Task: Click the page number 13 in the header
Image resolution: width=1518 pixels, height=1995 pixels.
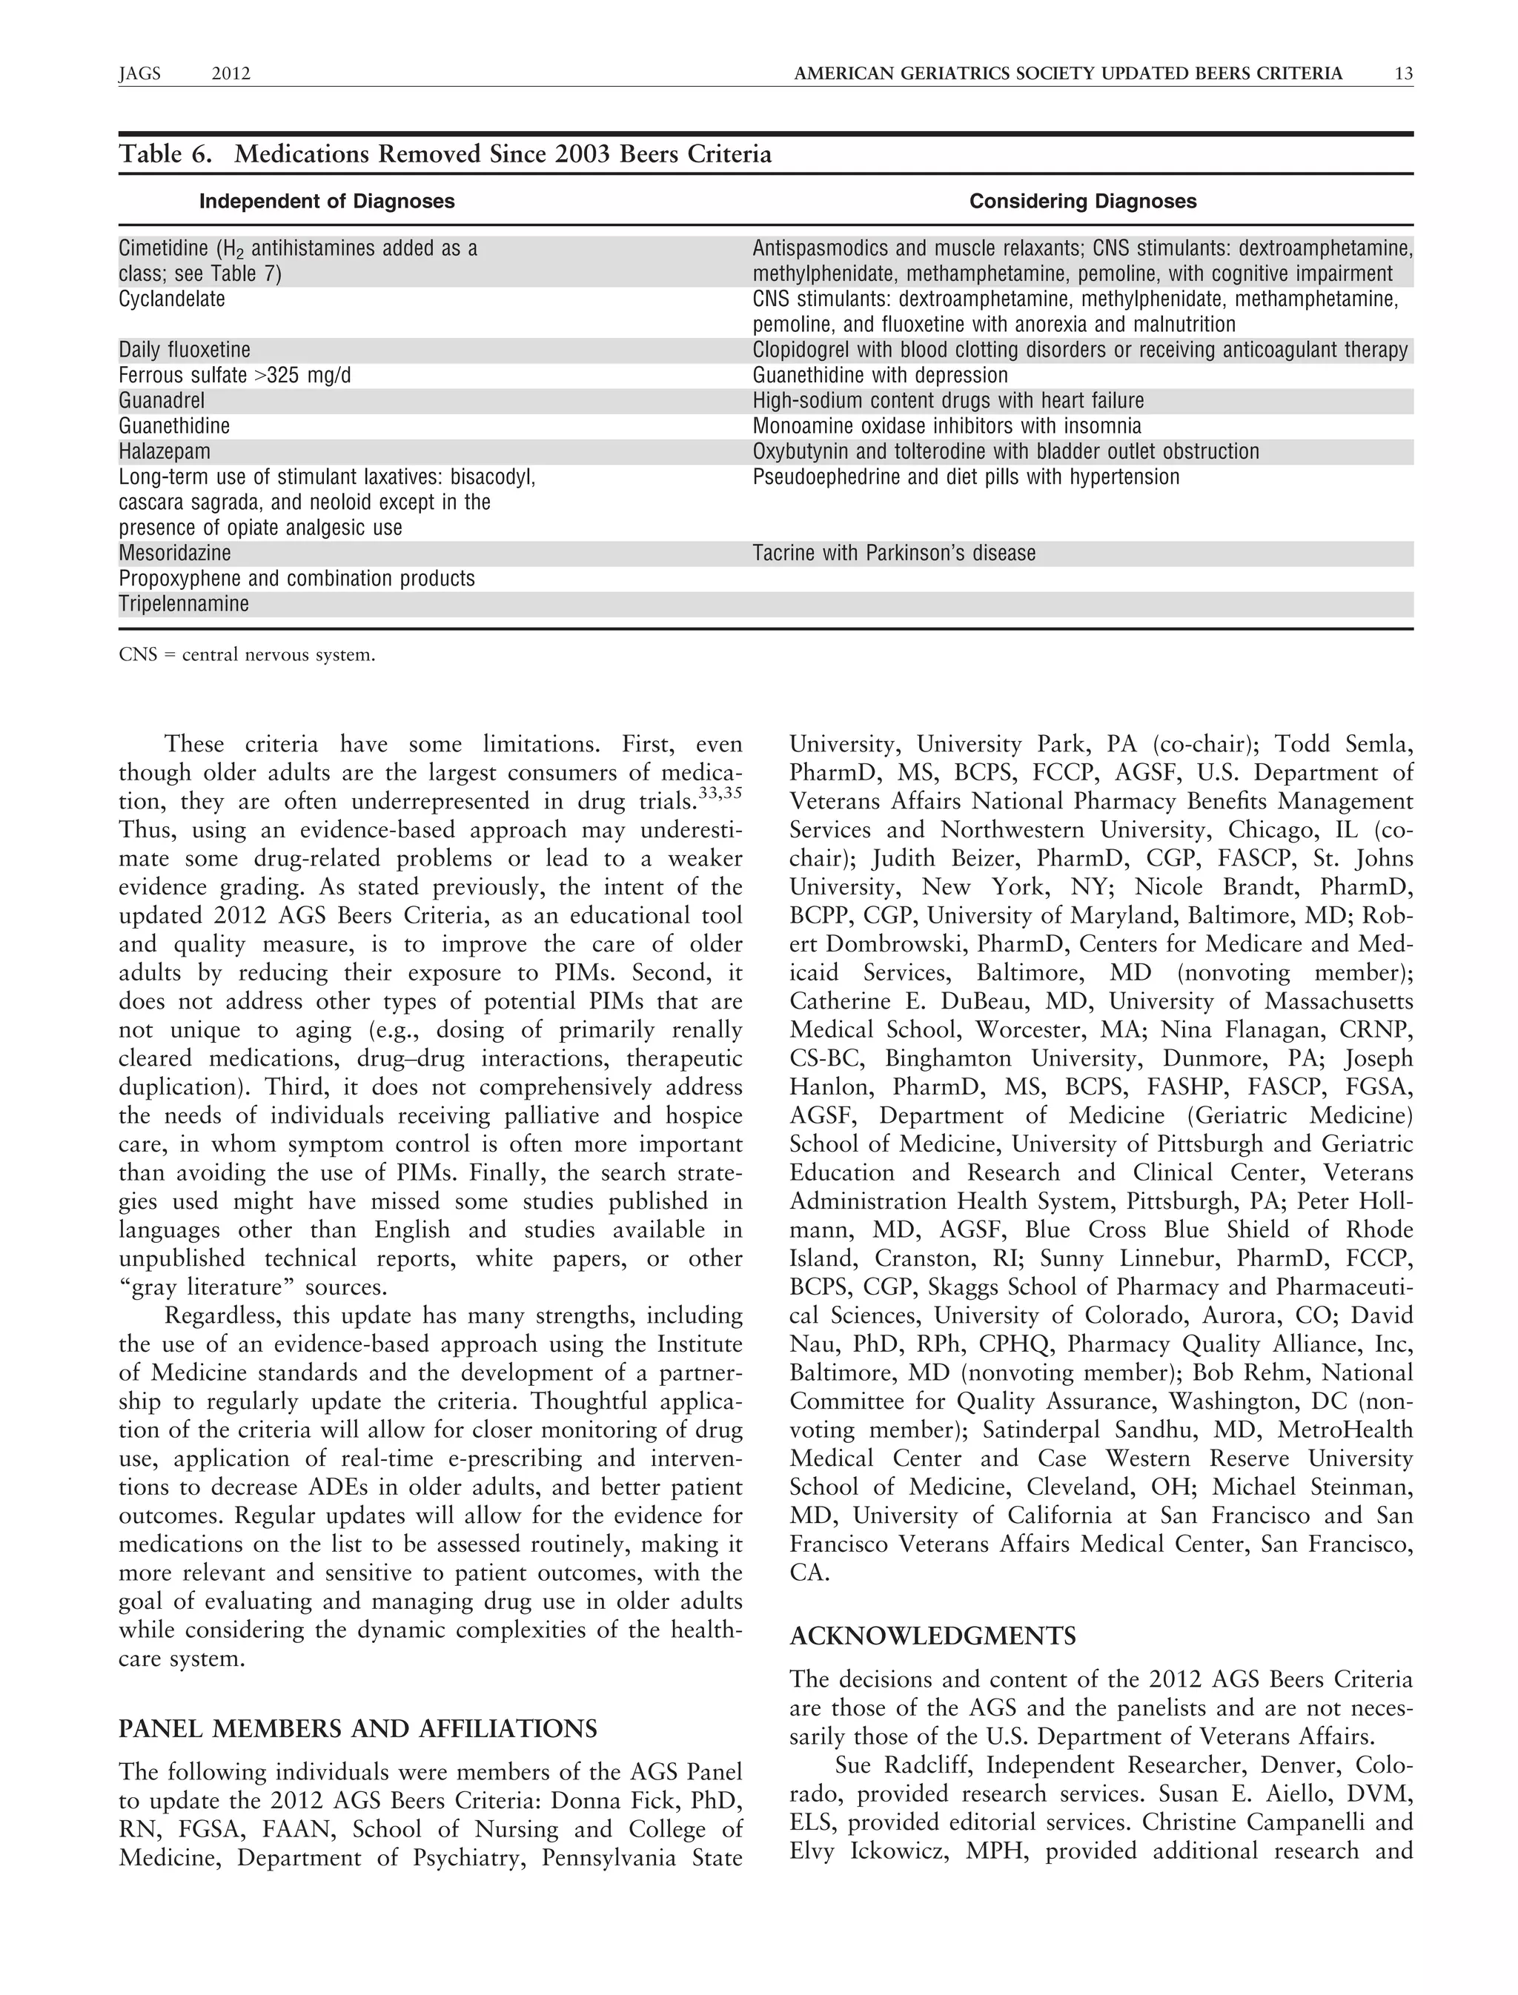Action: [1403, 74]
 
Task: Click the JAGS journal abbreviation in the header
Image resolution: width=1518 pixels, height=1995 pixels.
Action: [139, 74]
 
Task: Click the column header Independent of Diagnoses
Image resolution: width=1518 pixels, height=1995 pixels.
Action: [326, 202]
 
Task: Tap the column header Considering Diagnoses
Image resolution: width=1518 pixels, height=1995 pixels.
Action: [1082, 202]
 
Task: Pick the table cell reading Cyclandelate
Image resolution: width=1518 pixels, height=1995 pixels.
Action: [172, 299]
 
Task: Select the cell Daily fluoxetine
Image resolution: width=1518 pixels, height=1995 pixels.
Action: [185, 350]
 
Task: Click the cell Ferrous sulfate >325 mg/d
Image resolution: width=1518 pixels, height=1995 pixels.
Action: [234, 375]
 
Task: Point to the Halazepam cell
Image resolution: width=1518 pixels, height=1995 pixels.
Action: [164, 452]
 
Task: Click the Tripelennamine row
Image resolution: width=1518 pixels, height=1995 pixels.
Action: [183, 605]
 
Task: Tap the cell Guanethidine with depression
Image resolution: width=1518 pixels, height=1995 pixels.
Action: [879, 375]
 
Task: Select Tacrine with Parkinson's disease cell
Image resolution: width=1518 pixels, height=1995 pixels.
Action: [894, 553]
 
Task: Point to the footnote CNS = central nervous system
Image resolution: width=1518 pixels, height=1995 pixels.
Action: [247, 655]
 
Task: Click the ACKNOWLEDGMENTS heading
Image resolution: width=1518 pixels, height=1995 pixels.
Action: [932, 1636]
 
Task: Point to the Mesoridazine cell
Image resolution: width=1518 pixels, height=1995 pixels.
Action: [174, 553]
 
